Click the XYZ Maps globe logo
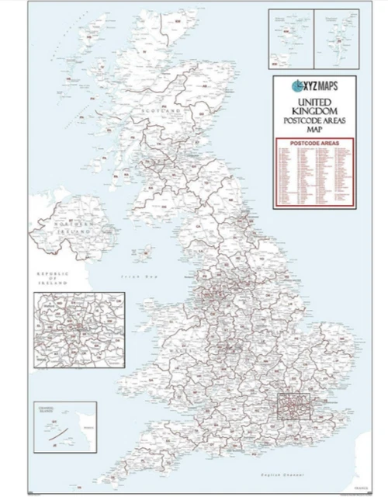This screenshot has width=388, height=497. coord(298,85)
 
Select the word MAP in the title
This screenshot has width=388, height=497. coord(314,131)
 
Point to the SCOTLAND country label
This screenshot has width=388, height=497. coord(159,111)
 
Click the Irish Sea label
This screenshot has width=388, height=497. coord(144,276)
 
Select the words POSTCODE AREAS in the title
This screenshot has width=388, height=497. coord(314,120)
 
